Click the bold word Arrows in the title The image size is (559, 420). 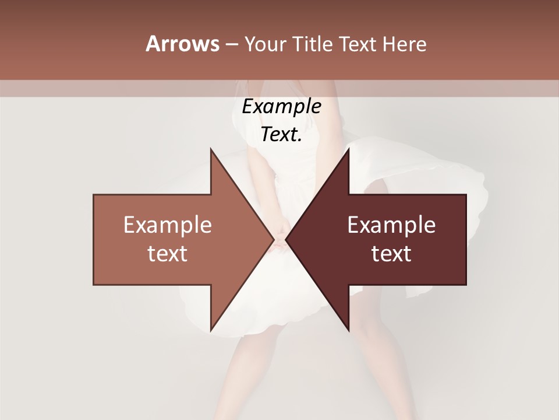(x=182, y=44)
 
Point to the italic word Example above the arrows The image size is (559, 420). (x=281, y=107)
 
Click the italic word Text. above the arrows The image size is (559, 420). (x=281, y=135)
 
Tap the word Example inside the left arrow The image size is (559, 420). (x=168, y=225)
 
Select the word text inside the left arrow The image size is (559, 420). (x=168, y=254)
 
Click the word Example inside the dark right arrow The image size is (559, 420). (x=391, y=225)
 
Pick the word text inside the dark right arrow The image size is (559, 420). (x=391, y=254)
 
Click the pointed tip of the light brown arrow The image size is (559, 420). (x=273, y=239)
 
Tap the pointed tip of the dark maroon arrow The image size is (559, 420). (x=286, y=239)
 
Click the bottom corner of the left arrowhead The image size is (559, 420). (x=211, y=330)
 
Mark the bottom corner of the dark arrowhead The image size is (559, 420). (x=348, y=330)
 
